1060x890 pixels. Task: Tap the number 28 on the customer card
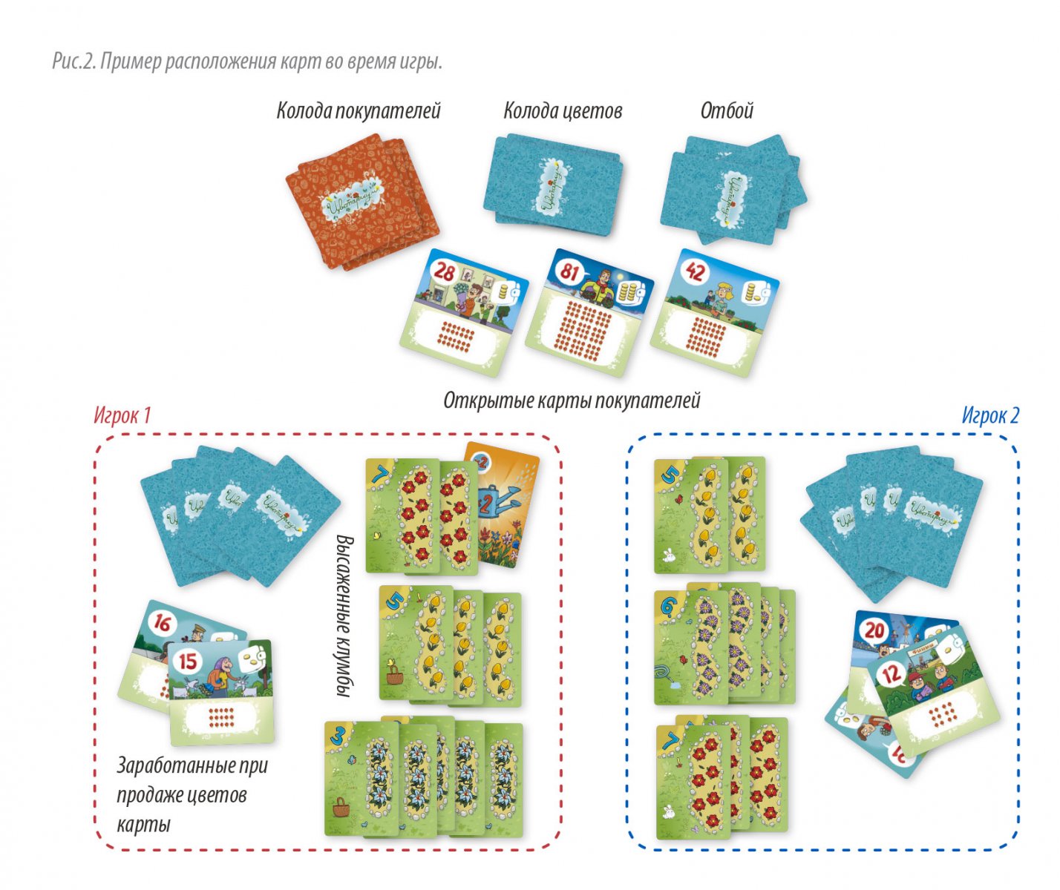click(444, 271)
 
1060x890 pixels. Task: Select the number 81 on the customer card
click(569, 271)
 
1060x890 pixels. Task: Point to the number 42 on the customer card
click(695, 271)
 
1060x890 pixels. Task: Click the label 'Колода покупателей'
click(359, 111)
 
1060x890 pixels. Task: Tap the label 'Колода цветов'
click(563, 111)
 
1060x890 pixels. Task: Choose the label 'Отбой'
click(727, 111)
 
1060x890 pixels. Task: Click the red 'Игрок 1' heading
click(122, 415)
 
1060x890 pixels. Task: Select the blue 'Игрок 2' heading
click(990, 415)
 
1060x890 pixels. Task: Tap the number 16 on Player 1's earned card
click(162, 623)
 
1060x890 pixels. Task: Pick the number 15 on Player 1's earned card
click(189, 659)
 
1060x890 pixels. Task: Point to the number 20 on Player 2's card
click(875, 630)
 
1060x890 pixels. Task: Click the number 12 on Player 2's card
click(891, 673)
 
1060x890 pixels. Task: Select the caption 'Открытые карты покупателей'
click(572, 400)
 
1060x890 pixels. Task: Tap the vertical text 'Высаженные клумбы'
click(342, 616)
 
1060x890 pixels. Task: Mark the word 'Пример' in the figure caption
click(131, 62)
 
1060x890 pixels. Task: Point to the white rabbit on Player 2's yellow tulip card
click(667, 553)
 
